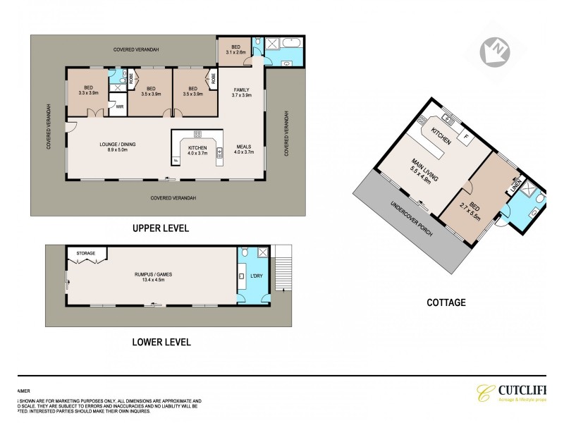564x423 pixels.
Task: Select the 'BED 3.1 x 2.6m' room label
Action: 235,49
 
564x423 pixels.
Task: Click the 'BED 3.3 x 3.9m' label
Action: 87,91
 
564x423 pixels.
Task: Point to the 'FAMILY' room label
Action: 242,92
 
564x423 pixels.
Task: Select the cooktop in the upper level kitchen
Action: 197,133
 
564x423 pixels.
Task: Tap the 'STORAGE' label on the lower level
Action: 85,252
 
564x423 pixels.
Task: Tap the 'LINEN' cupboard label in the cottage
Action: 515,185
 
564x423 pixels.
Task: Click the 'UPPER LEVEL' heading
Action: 161,228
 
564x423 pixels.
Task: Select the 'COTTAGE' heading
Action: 446,302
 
